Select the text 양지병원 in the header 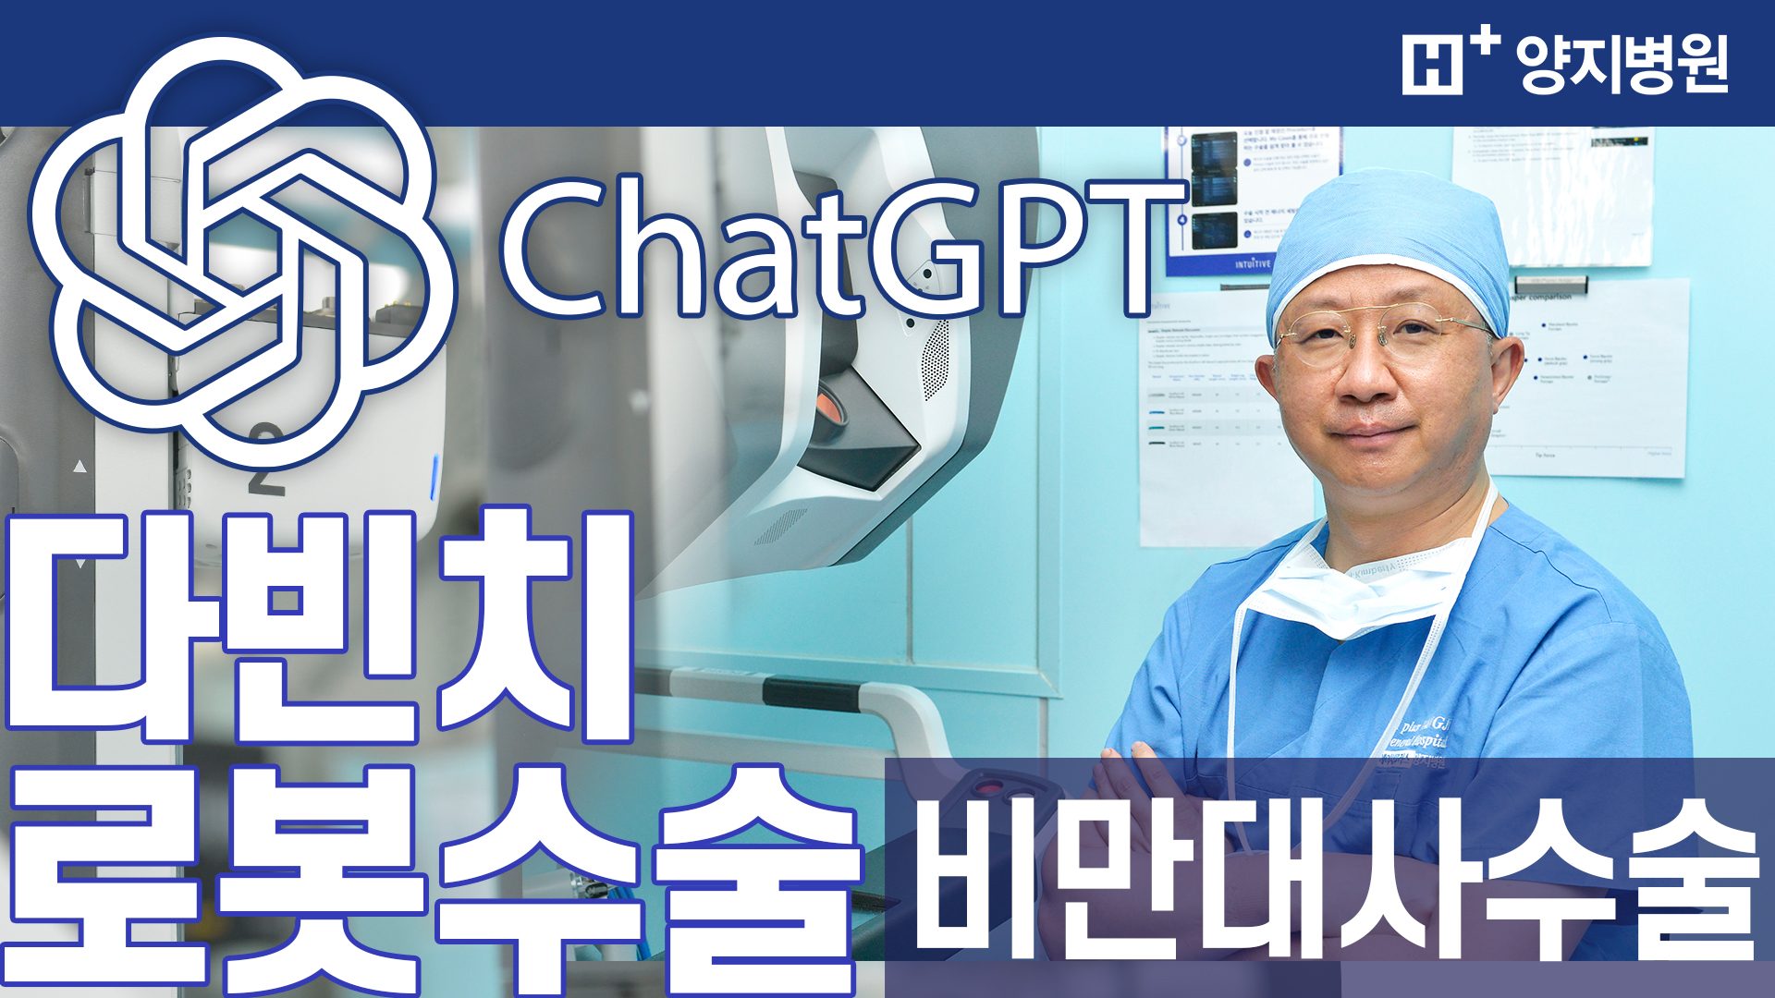1622,65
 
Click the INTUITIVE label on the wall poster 1253,264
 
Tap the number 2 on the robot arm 266,457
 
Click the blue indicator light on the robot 434,476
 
